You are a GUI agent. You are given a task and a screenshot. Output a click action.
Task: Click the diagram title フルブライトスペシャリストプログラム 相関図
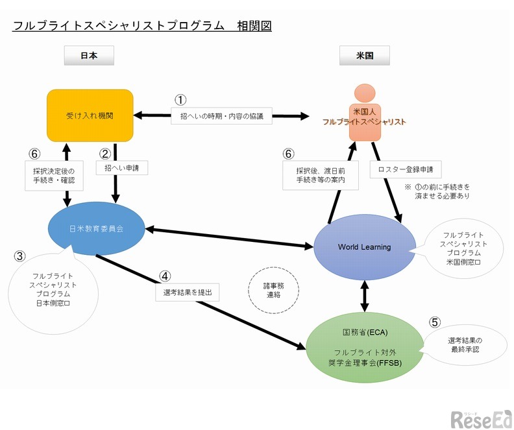141,26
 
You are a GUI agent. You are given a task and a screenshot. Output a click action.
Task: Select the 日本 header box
89,56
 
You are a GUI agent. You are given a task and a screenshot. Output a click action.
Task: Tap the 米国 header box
364,56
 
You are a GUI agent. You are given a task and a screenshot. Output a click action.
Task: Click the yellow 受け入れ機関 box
90,115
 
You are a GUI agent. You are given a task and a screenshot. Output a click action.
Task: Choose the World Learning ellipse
364,247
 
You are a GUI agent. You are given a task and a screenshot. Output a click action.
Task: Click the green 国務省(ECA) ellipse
363,347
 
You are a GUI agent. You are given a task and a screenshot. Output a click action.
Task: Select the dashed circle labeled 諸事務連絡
269,290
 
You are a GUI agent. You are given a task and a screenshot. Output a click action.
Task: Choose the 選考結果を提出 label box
188,293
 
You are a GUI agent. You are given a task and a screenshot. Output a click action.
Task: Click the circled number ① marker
180,99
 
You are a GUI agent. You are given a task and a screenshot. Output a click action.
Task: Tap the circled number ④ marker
165,276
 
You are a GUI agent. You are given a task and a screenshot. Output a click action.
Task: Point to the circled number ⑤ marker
435,321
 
